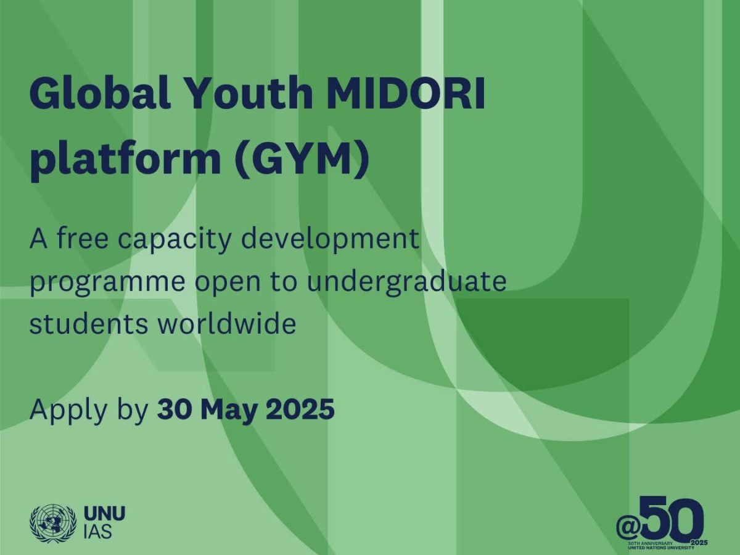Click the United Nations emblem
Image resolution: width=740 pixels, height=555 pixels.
click(x=52, y=524)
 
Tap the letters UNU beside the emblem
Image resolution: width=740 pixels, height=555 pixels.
click(x=104, y=514)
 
